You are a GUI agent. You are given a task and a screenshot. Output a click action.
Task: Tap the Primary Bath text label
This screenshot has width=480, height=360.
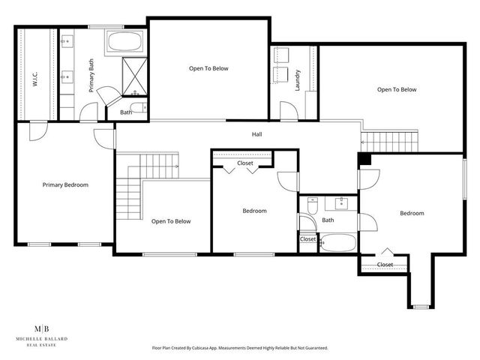coord(91,74)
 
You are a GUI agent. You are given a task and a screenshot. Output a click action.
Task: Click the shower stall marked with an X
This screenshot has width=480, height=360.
coord(133,76)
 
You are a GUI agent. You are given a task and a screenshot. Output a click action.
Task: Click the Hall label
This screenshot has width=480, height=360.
coord(256,134)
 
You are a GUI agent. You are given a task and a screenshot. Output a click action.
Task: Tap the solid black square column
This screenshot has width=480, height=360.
coord(364,160)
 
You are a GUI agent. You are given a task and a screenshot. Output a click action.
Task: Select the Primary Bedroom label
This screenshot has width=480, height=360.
coord(65,184)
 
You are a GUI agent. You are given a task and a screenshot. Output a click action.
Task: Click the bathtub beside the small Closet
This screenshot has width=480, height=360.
coord(337,243)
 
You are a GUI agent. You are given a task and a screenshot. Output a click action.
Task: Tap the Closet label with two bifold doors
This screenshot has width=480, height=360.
coord(245,163)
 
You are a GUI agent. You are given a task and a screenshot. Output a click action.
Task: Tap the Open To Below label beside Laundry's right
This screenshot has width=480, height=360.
coord(396,90)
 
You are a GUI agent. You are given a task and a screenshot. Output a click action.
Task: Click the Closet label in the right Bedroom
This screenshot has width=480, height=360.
coord(385,264)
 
